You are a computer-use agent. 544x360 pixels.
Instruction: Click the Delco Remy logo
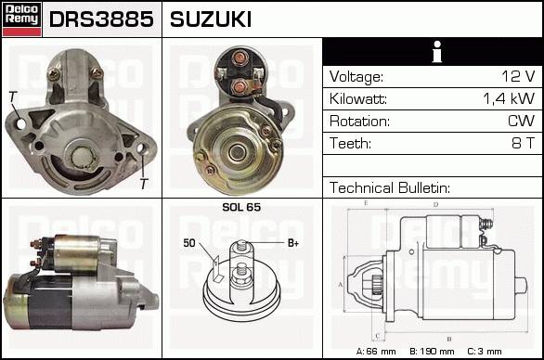point(22,19)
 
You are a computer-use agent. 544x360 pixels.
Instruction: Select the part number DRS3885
point(101,19)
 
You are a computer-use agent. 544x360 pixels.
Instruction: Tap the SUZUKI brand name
point(210,19)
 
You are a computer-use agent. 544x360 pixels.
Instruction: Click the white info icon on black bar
point(437,52)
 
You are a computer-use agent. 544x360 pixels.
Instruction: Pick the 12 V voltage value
point(518,76)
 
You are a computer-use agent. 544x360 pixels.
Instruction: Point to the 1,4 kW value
point(509,98)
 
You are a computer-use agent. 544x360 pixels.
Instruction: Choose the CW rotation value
point(521,121)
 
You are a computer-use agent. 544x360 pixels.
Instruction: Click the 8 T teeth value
point(524,143)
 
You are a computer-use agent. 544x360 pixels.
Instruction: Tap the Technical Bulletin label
point(390,187)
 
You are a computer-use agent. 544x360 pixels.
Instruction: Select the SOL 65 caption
point(241,207)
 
